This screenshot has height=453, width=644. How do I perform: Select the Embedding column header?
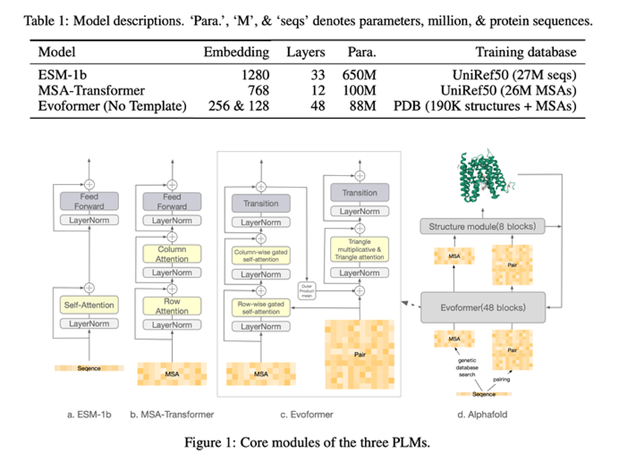click(x=236, y=53)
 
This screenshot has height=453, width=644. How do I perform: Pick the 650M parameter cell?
click(x=360, y=75)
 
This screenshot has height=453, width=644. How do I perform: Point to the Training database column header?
click(x=526, y=53)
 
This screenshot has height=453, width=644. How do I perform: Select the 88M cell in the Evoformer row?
click(x=363, y=105)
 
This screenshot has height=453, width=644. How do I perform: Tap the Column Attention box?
click(x=172, y=254)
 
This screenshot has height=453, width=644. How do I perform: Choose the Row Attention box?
click(x=172, y=306)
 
